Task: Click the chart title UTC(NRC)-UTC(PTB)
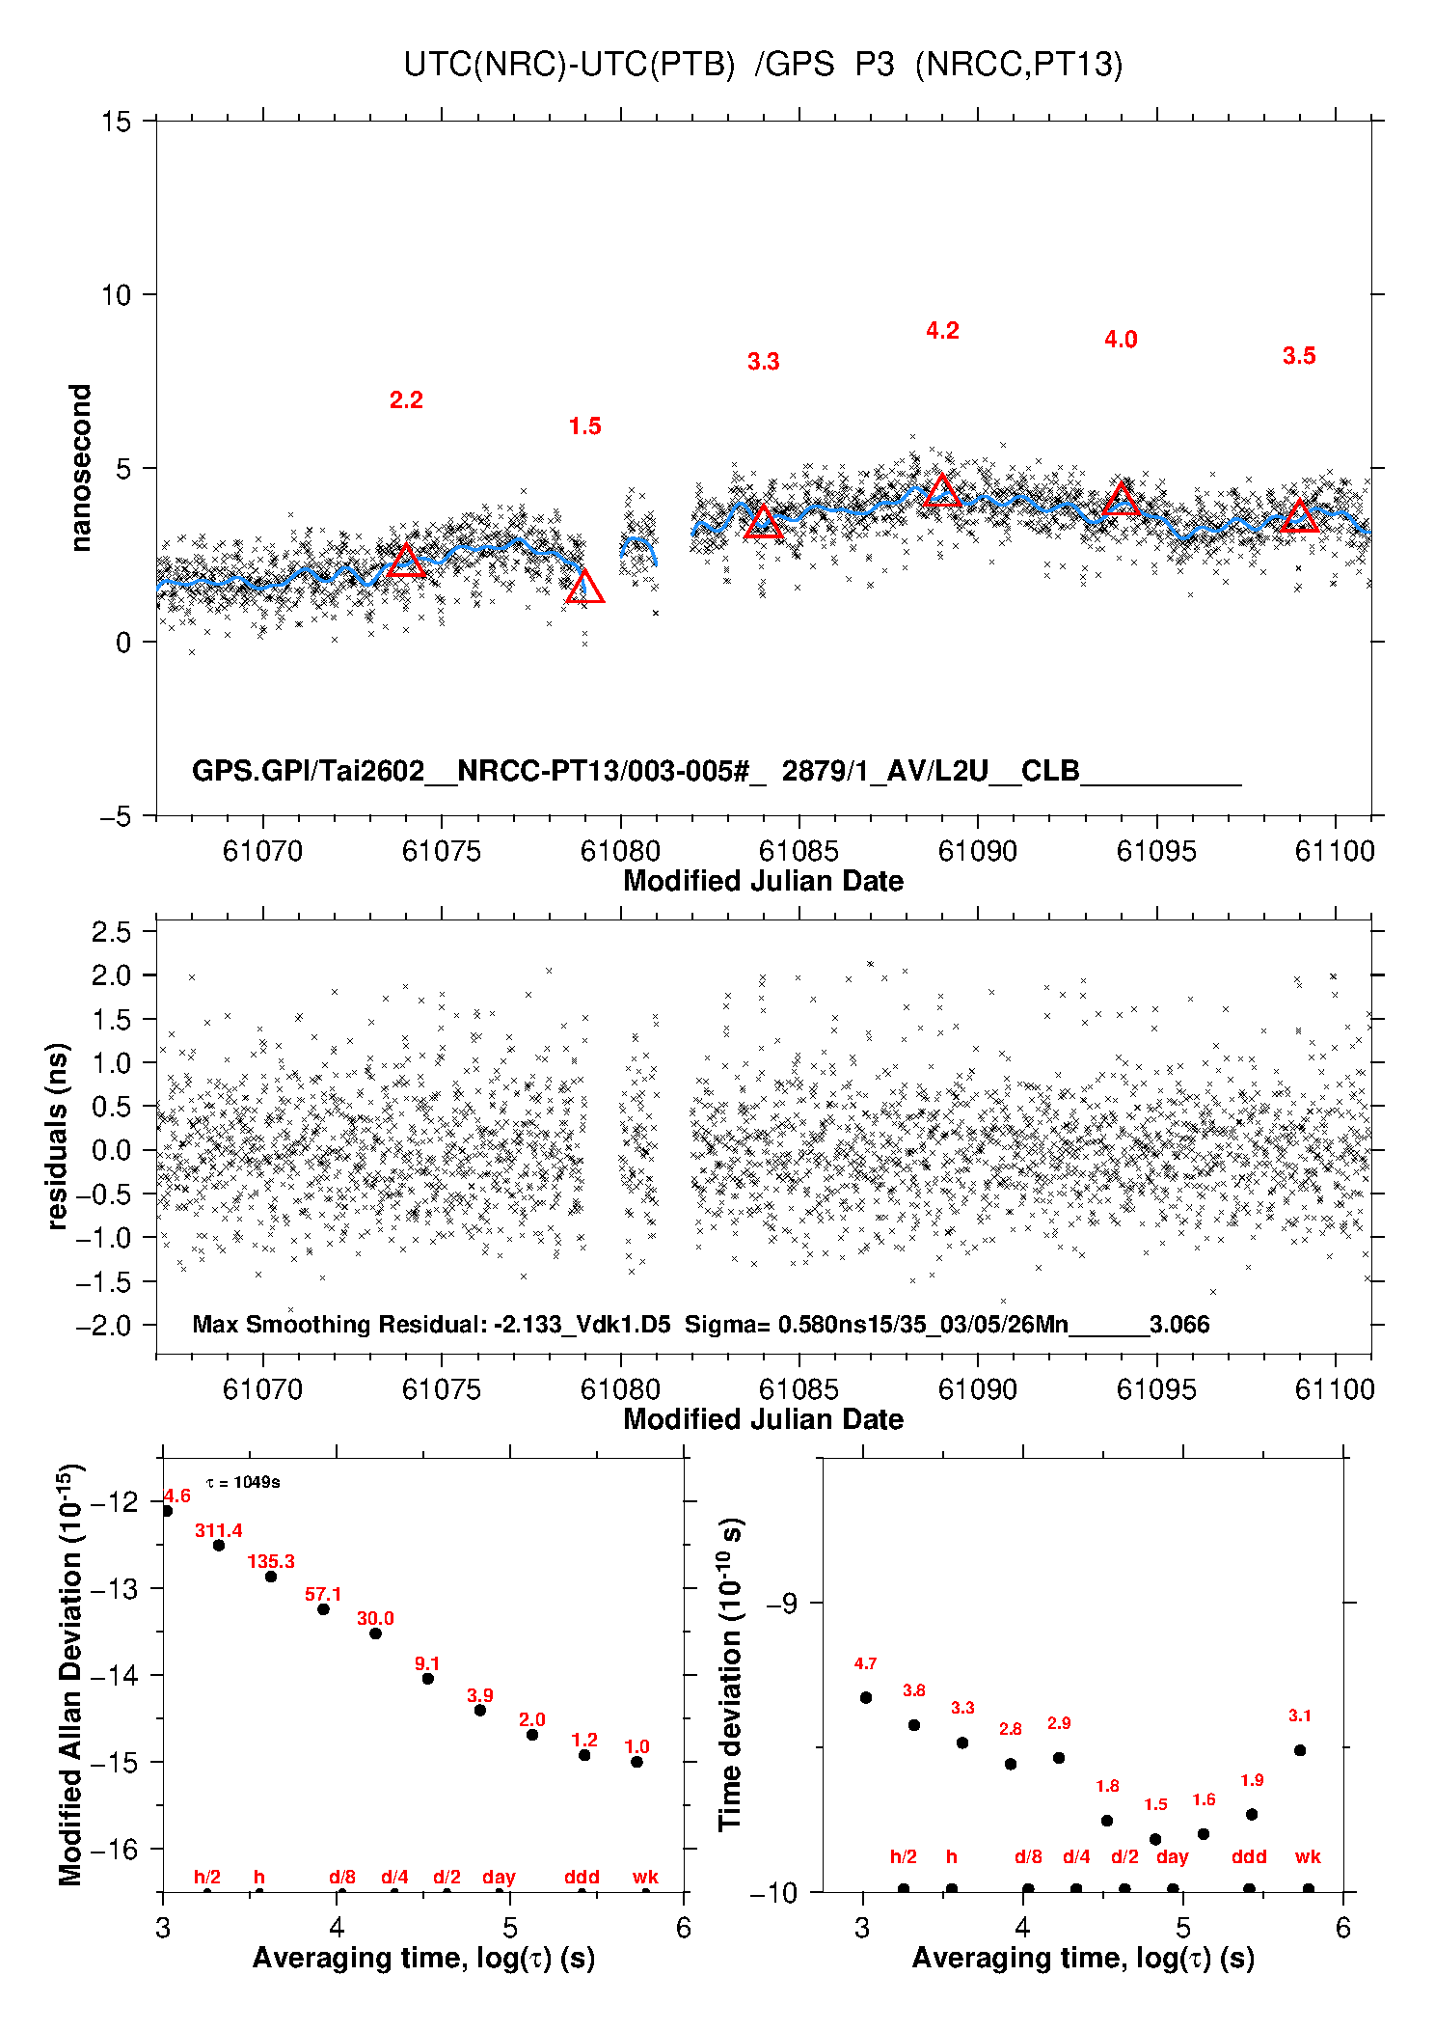tap(569, 65)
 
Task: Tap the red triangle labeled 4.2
tap(942, 491)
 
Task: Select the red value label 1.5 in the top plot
tap(584, 426)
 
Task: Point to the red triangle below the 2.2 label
tap(406, 562)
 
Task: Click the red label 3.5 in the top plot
tap(1299, 356)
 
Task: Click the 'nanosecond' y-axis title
tap(80, 468)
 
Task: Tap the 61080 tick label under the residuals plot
tap(620, 1389)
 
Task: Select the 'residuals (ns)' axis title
tap(58, 1136)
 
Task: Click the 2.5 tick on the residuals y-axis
tap(111, 932)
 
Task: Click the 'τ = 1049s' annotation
tap(243, 1482)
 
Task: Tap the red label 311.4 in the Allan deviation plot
tap(219, 1530)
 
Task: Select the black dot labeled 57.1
tap(324, 1608)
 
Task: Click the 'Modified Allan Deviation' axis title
tap(70, 1674)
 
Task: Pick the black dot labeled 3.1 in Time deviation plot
tap(1300, 1750)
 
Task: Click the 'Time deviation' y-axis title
tap(730, 1674)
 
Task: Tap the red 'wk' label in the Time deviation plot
tap(1308, 1856)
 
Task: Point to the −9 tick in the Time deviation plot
tap(781, 1603)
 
